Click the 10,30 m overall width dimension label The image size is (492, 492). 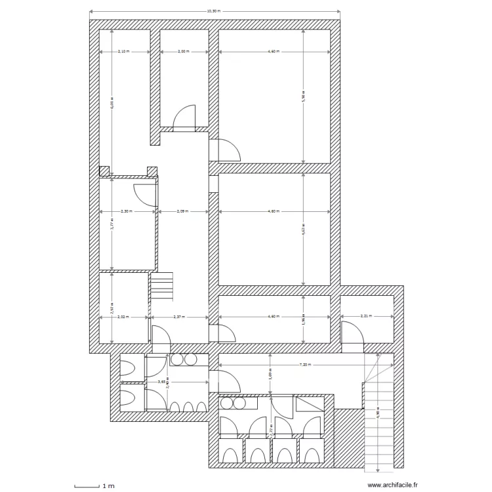213,11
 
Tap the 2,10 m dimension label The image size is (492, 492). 124,51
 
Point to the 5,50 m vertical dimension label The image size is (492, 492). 303,97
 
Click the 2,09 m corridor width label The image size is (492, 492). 182,211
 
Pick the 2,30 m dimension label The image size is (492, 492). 127,211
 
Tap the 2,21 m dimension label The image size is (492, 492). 367,316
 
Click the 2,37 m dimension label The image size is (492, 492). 178,317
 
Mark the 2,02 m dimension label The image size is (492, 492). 124,317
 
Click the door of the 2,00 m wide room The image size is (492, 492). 185,116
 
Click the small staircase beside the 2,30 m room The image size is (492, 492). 163,286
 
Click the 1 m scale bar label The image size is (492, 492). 108,486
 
